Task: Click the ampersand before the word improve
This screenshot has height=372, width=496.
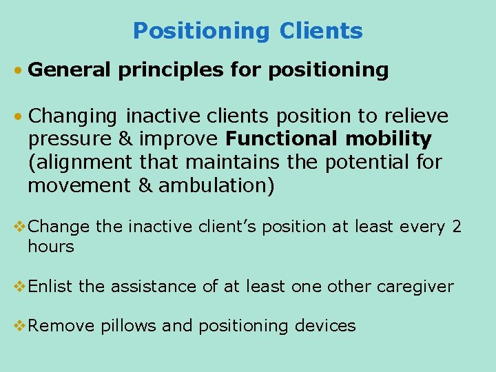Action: tap(125, 139)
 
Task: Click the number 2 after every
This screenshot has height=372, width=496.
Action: tap(457, 227)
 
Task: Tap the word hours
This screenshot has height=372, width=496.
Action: tap(50, 247)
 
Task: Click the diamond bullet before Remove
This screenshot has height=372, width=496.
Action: tap(20, 326)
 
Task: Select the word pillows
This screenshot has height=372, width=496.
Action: tap(129, 326)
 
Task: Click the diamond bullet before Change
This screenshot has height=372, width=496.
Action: tap(20, 227)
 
